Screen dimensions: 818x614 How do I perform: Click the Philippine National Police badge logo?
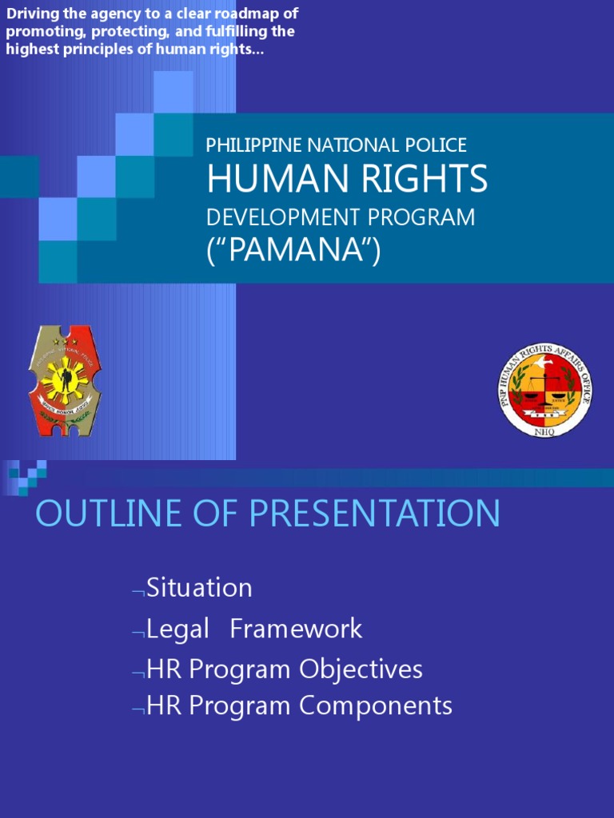[65, 381]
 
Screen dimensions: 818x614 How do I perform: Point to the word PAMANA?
[293, 250]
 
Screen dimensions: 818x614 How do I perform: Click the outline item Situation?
[199, 588]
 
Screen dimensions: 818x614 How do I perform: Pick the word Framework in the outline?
[296, 629]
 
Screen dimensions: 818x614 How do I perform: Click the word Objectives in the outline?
[361, 669]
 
